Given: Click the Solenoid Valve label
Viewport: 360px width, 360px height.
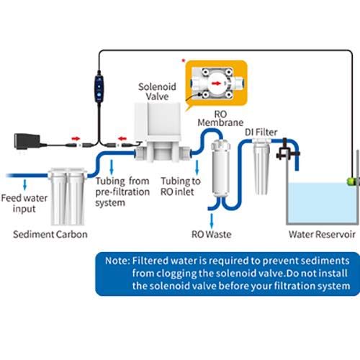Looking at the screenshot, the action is point(157,91).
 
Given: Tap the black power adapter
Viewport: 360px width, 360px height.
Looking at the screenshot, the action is point(28,141).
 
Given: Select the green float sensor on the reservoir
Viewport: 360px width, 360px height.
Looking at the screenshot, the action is point(351,181).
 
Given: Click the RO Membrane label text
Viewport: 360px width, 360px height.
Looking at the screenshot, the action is point(220,118).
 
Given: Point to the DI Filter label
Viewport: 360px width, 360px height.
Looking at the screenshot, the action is point(261,132).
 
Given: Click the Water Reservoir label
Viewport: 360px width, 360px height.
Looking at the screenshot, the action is point(322,234).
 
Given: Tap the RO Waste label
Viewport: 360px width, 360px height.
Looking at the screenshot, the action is point(212,234).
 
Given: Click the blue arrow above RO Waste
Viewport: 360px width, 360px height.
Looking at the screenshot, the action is point(212,221).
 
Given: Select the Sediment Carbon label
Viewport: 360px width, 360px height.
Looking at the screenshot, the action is point(50,234).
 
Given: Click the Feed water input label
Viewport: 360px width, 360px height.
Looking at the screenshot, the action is point(24,203).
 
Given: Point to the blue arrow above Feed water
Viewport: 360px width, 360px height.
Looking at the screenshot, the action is point(24,184).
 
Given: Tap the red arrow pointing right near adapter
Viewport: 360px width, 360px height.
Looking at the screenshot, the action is point(76,139).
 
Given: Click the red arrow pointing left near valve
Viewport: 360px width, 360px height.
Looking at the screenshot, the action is point(122,139).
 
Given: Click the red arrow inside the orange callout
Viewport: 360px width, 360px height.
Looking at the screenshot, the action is point(216,84).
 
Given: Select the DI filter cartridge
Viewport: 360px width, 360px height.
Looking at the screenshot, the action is point(261,167).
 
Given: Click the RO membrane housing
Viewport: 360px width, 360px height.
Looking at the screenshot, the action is point(220,167).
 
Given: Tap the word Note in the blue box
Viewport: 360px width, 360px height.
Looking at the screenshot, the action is point(117,261).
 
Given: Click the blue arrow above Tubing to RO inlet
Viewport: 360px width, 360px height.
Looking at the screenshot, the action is point(197,167).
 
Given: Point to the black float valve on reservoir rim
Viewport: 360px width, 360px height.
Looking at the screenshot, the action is point(287,150).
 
